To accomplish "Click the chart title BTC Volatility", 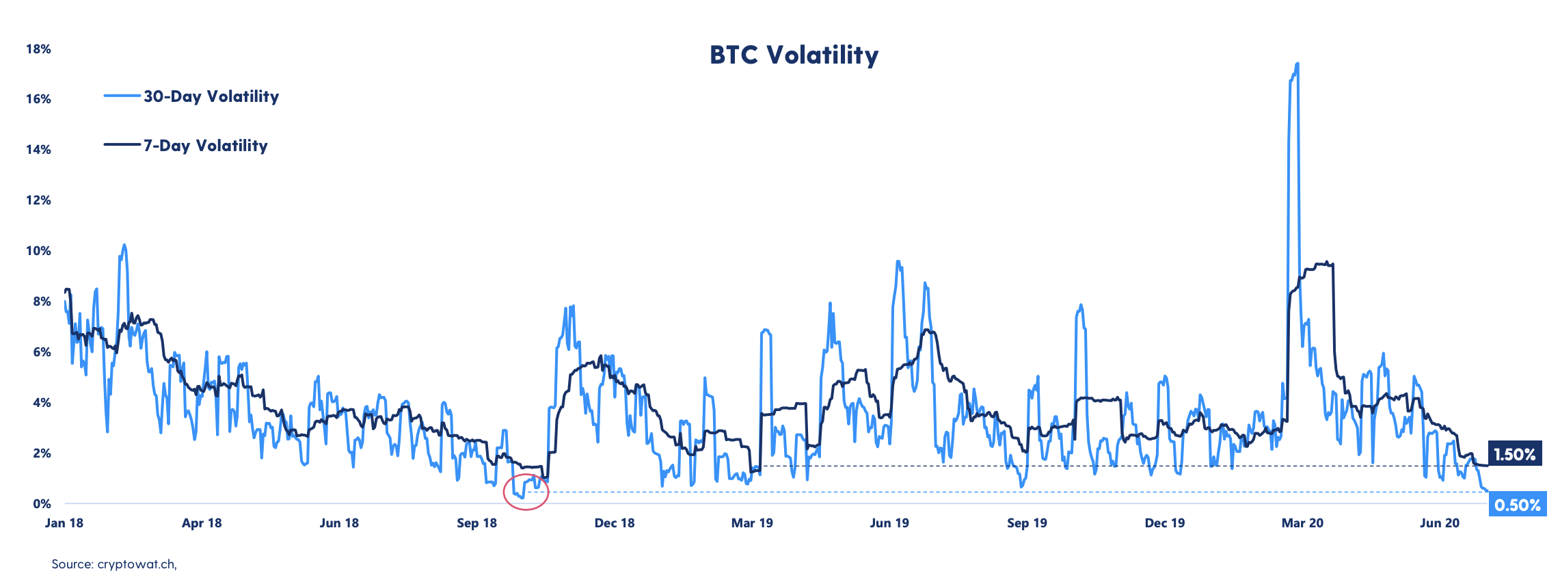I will point(794,55).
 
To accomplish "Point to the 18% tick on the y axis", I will point(38,49).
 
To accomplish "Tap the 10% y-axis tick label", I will point(38,251).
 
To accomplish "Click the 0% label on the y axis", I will point(42,504).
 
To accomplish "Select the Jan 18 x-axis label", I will point(64,523).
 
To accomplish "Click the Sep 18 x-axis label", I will point(476,523).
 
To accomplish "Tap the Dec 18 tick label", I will point(615,523).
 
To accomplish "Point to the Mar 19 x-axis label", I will point(752,523).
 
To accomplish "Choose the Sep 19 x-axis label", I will point(1027,523).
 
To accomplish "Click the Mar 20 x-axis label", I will point(1302,523).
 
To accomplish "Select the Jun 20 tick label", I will point(1440,523).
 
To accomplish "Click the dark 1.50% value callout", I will point(1514,454).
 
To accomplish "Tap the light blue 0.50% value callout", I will point(1517,505).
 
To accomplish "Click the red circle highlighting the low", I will point(526,492).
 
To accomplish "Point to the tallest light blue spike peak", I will point(1297,64).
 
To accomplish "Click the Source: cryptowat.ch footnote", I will point(114,564).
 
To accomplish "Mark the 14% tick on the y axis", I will point(38,150).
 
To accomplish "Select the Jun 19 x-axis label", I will point(889,523).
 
